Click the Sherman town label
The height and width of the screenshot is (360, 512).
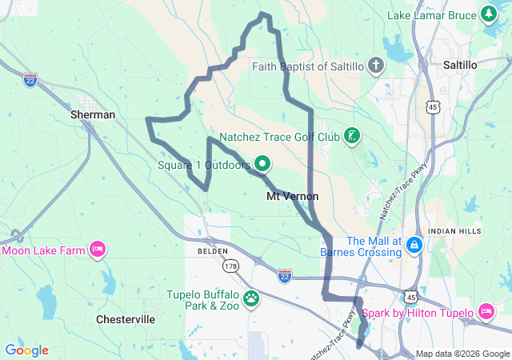click(x=94, y=114)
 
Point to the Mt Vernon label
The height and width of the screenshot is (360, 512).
click(x=292, y=196)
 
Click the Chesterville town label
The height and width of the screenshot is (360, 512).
click(x=126, y=319)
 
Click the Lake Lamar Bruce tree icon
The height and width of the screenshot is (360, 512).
click(x=489, y=14)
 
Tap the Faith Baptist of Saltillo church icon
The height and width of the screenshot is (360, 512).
click(x=377, y=66)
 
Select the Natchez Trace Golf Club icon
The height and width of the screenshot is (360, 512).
click(x=351, y=137)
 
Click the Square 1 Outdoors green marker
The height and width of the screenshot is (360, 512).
click(x=262, y=165)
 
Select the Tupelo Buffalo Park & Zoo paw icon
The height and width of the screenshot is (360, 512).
click(x=252, y=299)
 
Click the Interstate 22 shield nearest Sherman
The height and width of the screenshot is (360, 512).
click(x=30, y=82)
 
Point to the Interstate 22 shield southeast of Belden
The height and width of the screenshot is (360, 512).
click(x=285, y=275)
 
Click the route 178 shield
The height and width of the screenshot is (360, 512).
click(x=230, y=266)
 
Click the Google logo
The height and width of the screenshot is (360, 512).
click(x=26, y=350)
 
